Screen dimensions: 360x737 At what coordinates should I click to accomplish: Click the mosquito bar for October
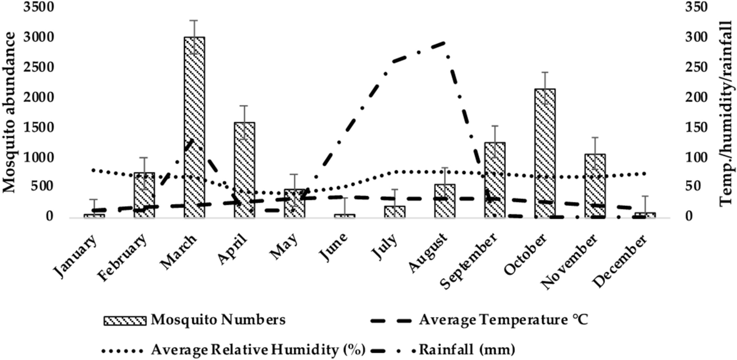tap(545, 153)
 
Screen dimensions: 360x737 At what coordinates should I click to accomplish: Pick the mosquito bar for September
tap(494, 180)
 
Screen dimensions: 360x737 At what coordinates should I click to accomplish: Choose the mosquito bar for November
tap(595, 185)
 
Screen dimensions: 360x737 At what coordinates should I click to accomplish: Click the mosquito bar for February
tap(144, 195)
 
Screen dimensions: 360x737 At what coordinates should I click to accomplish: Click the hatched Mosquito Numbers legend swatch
tap(124, 321)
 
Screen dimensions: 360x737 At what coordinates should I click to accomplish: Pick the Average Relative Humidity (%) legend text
tap(258, 350)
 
